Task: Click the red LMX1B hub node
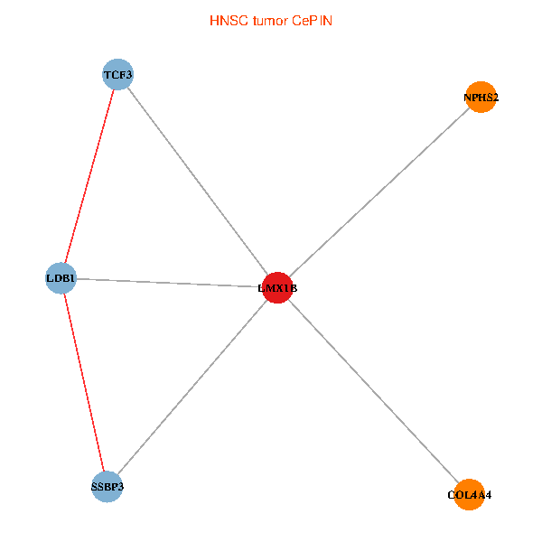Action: point(276,288)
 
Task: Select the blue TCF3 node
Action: point(118,74)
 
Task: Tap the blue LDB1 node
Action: point(61,277)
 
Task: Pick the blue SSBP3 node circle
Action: point(107,487)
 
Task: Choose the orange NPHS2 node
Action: point(481,97)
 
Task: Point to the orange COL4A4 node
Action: point(469,494)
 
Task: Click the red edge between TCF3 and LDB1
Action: point(90,175)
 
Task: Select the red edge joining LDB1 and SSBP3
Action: point(84,382)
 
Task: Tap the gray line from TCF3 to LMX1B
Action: point(197,181)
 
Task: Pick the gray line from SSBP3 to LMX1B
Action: point(192,388)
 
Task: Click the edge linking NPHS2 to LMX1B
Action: point(379,192)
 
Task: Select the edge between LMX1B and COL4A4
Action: point(372,391)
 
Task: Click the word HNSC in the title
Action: point(225,20)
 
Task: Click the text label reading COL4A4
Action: point(469,495)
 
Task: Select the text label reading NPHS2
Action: point(481,98)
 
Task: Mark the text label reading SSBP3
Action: point(107,488)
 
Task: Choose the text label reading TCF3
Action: point(118,75)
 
